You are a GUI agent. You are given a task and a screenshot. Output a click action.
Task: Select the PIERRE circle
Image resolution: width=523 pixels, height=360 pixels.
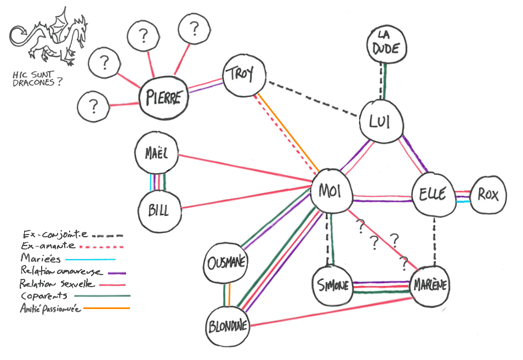[x=163, y=98]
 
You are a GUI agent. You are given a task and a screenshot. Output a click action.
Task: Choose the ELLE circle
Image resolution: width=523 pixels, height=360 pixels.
[x=433, y=194]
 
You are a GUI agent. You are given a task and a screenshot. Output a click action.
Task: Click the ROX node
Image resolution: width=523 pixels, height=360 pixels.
[x=488, y=194]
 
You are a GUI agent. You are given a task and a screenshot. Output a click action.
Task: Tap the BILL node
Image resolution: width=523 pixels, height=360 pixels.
[x=158, y=209]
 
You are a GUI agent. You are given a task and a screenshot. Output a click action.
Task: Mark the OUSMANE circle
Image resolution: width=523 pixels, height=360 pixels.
[x=226, y=263]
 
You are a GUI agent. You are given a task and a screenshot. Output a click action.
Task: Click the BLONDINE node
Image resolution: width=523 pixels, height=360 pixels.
[x=228, y=327]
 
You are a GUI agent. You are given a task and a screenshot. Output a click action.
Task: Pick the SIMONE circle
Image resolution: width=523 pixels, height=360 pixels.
[x=333, y=285]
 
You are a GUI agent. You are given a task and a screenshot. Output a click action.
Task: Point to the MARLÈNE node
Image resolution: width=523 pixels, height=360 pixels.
[x=429, y=285]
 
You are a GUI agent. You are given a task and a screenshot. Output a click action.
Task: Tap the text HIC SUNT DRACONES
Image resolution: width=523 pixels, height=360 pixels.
[x=37, y=79]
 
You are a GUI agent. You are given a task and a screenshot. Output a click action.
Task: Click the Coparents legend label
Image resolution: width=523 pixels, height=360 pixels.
[x=43, y=296]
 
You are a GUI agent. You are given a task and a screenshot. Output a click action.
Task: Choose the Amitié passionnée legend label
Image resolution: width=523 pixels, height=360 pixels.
[x=50, y=309]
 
